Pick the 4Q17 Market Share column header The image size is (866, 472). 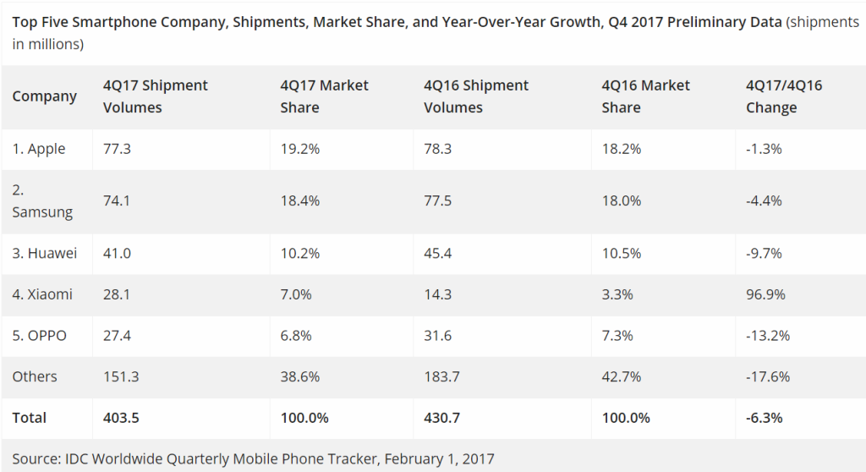(x=324, y=96)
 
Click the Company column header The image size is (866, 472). (x=44, y=96)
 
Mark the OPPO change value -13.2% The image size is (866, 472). (x=767, y=336)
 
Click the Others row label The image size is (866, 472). (x=35, y=376)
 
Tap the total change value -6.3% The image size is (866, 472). (x=765, y=418)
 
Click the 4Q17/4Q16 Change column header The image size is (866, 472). (x=784, y=96)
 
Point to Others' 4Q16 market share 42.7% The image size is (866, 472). (x=622, y=376)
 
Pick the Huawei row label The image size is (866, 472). (x=44, y=253)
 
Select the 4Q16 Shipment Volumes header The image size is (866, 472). (x=476, y=96)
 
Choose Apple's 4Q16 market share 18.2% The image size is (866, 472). (x=621, y=149)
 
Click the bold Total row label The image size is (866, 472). (x=30, y=418)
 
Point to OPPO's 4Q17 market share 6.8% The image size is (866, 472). (x=296, y=336)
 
